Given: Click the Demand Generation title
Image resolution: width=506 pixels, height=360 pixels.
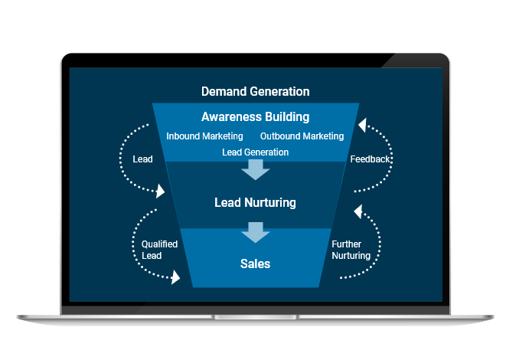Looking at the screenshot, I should pyautogui.click(x=255, y=91).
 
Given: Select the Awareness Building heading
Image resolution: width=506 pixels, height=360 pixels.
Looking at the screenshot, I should pyautogui.click(x=255, y=117).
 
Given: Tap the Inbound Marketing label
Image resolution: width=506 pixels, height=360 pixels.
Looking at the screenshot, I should pyautogui.click(x=204, y=136).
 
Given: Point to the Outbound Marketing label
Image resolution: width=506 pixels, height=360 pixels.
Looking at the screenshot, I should pyautogui.click(x=302, y=136).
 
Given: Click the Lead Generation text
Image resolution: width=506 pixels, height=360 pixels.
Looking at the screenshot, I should pyautogui.click(x=255, y=152).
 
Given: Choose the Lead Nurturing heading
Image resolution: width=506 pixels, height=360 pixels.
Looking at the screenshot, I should pyautogui.click(x=255, y=203).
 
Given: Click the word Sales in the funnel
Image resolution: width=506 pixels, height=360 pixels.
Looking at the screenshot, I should pyautogui.click(x=255, y=263).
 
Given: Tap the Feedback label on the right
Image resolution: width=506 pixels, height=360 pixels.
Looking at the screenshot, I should pyautogui.click(x=371, y=159).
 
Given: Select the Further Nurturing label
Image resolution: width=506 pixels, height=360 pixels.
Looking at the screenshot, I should pyautogui.click(x=351, y=250).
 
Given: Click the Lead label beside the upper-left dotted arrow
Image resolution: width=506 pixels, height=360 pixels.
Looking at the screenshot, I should pyautogui.click(x=142, y=159).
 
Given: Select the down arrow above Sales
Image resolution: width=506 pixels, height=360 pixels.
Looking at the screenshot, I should pyautogui.click(x=255, y=231).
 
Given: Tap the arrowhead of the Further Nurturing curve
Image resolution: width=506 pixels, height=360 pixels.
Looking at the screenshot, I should pyautogui.click(x=356, y=208).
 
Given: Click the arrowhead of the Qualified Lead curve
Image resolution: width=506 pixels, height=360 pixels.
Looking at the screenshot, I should pyautogui.click(x=176, y=277).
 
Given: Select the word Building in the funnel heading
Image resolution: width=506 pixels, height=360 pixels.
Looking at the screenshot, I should pyautogui.click(x=285, y=117).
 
